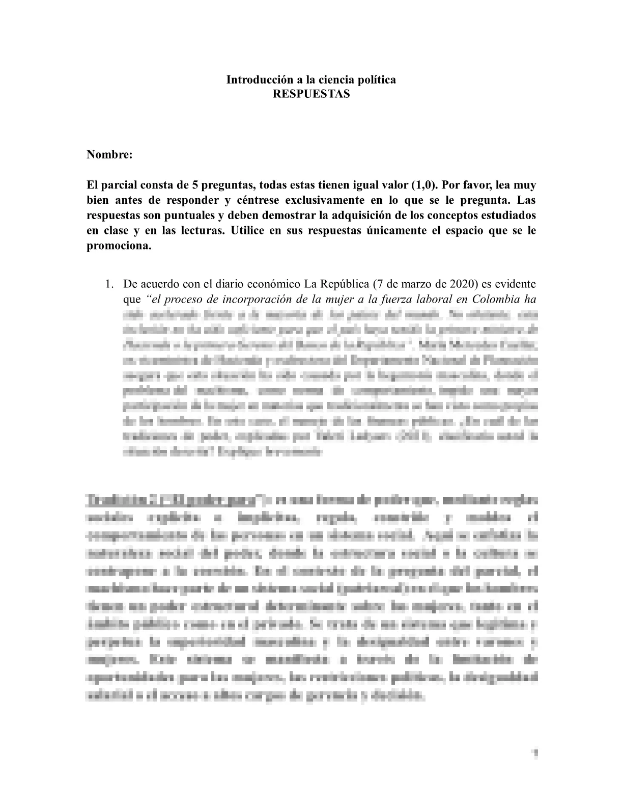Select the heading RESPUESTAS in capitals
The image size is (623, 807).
[x=311, y=94]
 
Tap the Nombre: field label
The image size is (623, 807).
[x=109, y=155]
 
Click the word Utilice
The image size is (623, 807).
[x=249, y=230]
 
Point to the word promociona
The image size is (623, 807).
[x=119, y=246]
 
